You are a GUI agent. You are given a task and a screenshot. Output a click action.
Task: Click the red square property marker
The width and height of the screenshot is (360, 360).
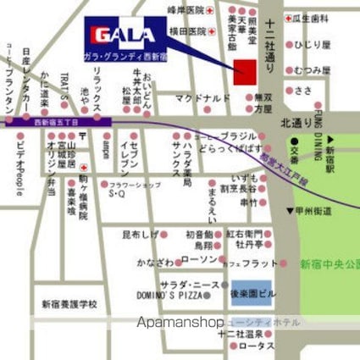(244, 71)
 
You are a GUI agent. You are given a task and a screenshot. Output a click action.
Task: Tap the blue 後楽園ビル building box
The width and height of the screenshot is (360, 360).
(251, 292)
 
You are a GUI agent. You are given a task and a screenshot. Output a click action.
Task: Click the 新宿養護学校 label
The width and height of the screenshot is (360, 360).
(69, 303)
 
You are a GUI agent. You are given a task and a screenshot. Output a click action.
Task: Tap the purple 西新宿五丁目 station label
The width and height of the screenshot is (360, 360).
(57, 123)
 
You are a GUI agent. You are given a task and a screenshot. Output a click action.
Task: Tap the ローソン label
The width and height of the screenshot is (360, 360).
(199, 259)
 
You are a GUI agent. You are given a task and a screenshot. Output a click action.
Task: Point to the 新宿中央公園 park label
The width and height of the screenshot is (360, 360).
(330, 264)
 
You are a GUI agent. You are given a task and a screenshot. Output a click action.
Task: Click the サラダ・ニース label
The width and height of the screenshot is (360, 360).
(191, 285)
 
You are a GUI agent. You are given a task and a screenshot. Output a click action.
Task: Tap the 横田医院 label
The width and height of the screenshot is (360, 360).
(186, 31)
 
